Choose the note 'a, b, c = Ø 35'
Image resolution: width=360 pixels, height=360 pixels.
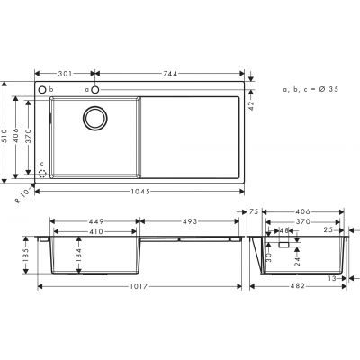click(310, 90)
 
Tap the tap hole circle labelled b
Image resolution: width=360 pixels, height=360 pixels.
click(43, 91)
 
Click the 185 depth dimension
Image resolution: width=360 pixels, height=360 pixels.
click(28, 255)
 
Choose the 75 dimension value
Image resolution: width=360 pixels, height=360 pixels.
click(255, 212)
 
